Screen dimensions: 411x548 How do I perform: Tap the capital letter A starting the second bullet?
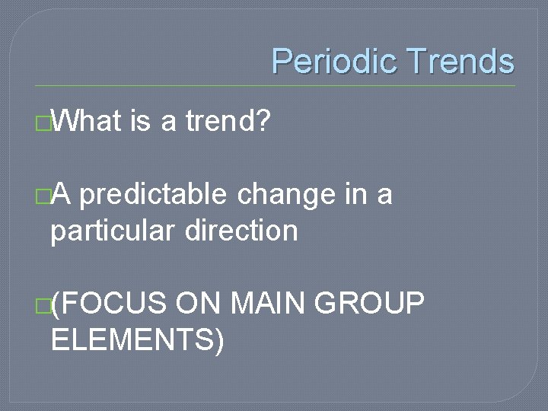[x=61, y=196]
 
